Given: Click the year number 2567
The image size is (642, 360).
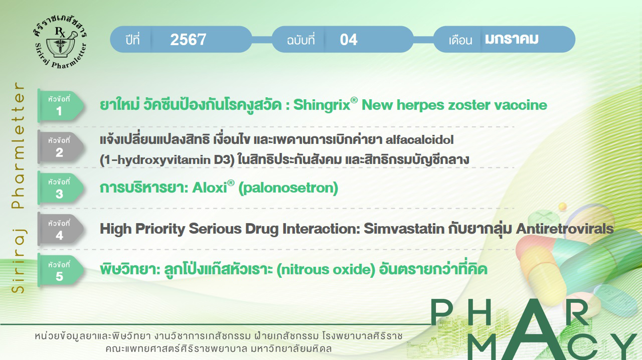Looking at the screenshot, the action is coord(188,40).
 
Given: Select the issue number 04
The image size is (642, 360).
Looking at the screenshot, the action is coord(349,40).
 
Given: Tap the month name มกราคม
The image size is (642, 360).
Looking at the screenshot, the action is coord(512,39).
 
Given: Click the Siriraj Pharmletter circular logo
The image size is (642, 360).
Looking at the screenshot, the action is coord(60,42).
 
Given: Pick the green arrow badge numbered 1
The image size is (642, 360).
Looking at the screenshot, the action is coord(61,105).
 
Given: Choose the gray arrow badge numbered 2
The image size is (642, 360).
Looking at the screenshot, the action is coord(61,147).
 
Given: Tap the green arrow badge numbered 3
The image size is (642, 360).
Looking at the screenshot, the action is coord(61,188).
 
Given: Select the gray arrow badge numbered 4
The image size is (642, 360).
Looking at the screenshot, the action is coord(61,229).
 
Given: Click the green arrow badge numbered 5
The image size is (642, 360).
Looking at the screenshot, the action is coord(61,270).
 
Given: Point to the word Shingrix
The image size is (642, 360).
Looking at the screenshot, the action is coord(322,105).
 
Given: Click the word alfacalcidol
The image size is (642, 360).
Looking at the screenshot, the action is coord(420,140).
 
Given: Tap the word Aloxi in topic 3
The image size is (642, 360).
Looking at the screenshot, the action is coord(210,188).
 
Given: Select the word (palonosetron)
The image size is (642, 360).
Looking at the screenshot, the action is coord(288,189).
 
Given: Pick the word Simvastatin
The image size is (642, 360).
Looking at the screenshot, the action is coord(404,229).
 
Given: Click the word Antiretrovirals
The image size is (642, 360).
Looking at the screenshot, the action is coord(565,229).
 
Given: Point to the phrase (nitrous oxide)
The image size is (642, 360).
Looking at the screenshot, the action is coord(326,270).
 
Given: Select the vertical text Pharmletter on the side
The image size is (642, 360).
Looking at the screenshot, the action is coord(18,145).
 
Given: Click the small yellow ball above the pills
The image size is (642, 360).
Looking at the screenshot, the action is coord(563,206).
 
